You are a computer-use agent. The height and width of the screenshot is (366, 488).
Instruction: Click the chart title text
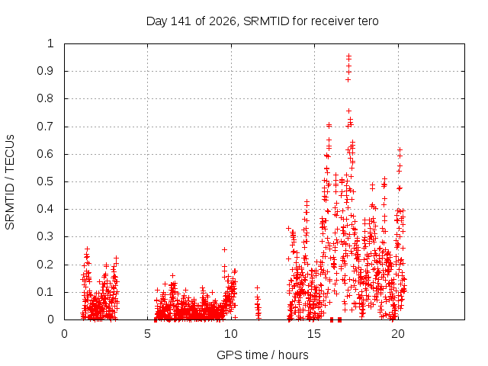point(262,21)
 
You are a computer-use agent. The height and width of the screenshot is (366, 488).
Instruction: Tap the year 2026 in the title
point(223,21)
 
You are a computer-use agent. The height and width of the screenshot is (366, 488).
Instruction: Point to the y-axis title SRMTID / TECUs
point(10,182)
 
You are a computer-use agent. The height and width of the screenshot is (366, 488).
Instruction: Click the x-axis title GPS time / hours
point(262,355)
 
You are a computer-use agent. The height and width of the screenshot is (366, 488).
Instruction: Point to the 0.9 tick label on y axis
point(45,71)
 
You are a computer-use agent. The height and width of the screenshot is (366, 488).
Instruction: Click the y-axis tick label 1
point(50,43)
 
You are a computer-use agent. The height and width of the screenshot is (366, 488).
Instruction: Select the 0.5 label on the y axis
point(45,181)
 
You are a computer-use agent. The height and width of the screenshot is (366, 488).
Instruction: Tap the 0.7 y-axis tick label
point(45,127)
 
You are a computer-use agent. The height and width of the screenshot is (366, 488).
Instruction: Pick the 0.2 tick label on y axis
point(45,265)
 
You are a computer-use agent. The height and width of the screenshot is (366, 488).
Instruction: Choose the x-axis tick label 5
point(147,334)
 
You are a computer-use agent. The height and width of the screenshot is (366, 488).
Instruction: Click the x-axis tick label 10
point(230,334)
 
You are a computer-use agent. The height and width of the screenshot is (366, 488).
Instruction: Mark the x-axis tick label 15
point(314,334)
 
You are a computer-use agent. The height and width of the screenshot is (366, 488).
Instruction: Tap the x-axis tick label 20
point(398,334)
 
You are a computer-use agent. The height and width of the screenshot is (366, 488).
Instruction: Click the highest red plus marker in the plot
point(349,56)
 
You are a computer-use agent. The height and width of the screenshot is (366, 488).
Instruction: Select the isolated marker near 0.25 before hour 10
point(224,249)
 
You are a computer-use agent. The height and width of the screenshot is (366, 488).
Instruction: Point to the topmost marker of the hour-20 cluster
point(400,150)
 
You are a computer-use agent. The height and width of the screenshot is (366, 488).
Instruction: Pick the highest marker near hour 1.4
point(87,249)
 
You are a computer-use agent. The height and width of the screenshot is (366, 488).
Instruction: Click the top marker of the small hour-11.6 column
point(257,288)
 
